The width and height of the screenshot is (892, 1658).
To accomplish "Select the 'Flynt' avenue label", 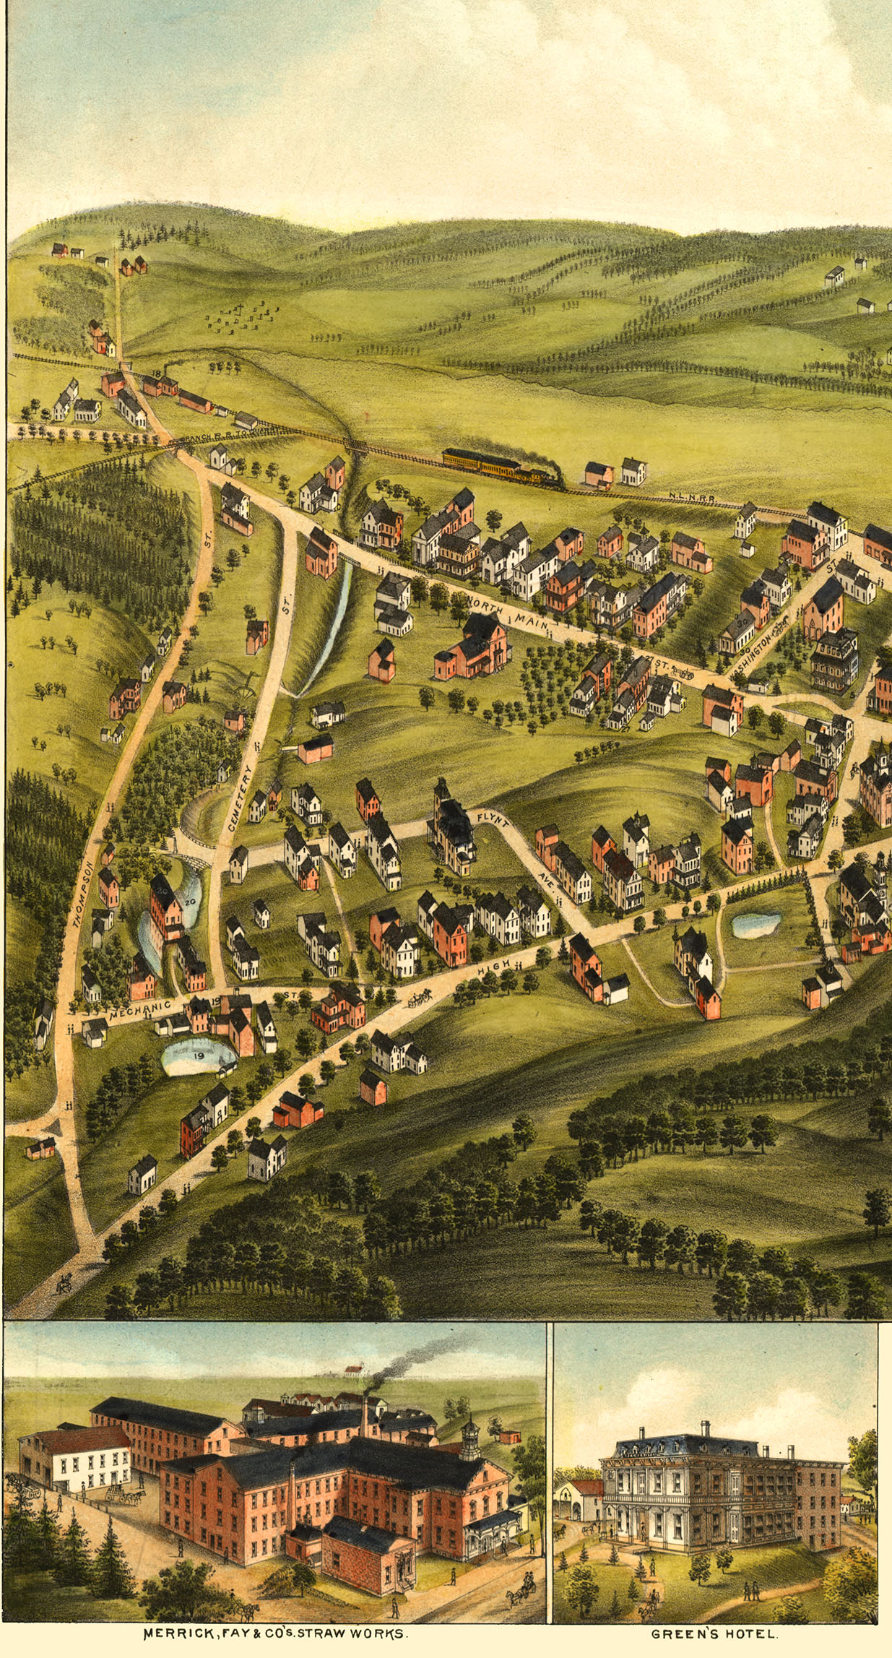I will pos(494,820).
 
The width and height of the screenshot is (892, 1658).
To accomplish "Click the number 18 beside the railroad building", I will pos(157,373).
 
